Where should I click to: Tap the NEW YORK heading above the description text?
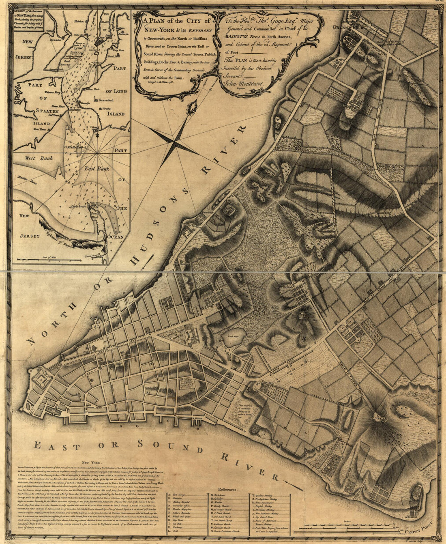90,462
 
